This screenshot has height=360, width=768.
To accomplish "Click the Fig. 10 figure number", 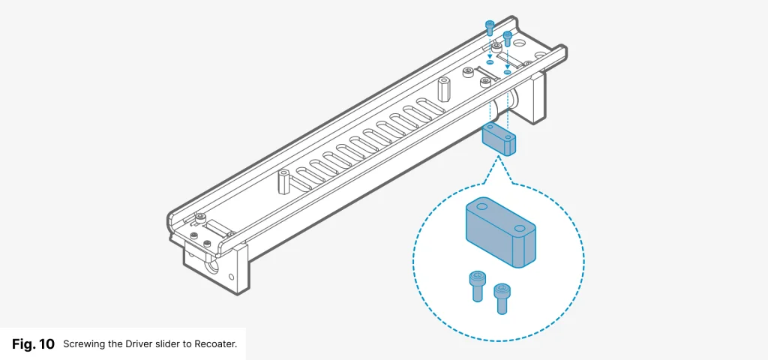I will [x=33, y=344].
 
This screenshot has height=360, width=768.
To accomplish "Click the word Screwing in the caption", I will [x=86, y=345].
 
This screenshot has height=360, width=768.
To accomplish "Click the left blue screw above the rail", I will [x=490, y=28].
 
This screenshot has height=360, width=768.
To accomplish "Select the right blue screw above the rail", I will [x=507, y=37].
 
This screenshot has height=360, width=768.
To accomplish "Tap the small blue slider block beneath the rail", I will [x=499, y=140].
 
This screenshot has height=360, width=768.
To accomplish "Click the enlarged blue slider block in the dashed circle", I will [x=500, y=232].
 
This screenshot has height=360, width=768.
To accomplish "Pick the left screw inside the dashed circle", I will [x=475, y=285].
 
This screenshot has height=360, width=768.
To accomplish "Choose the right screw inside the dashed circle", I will [x=500, y=297].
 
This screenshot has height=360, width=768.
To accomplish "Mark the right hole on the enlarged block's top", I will [x=520, y=226].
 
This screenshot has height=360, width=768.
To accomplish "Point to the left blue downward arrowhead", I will [x=490, y=55].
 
